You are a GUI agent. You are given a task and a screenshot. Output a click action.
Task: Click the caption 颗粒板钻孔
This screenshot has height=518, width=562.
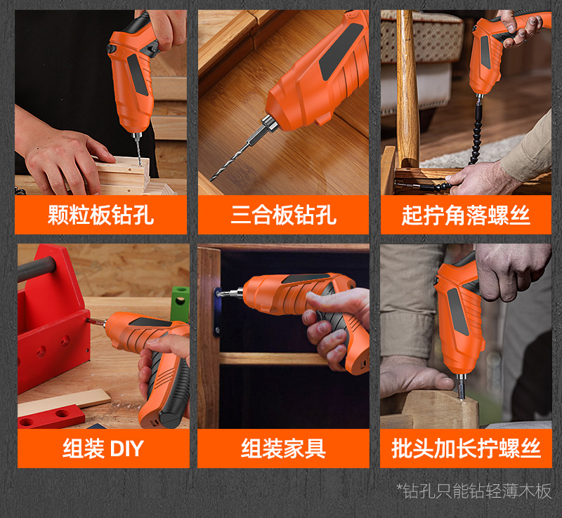click(100, 215)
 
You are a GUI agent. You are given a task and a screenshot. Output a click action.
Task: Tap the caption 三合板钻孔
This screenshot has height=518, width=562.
click(284, 215)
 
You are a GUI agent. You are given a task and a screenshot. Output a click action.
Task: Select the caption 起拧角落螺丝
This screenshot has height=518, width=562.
click(466, 215)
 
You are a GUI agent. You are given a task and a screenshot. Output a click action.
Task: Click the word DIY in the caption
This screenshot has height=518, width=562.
click(127, 448)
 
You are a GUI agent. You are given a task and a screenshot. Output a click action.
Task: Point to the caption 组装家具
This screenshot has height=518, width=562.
click(283, 448)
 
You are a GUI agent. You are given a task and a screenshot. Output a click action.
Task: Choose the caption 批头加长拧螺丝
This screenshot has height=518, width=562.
click(466, 448)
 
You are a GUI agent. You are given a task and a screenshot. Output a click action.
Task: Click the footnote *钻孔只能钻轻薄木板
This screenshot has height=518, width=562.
click(473, 491)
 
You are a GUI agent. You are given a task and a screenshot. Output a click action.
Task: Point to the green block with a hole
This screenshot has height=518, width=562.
click(180, 303)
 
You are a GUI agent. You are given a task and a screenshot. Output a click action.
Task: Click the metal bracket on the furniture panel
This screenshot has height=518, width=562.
click(217, 310)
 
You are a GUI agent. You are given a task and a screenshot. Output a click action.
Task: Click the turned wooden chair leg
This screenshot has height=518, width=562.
click(407, 90)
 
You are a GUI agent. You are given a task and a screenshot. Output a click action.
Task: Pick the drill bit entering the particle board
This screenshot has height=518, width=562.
click(138, 150)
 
